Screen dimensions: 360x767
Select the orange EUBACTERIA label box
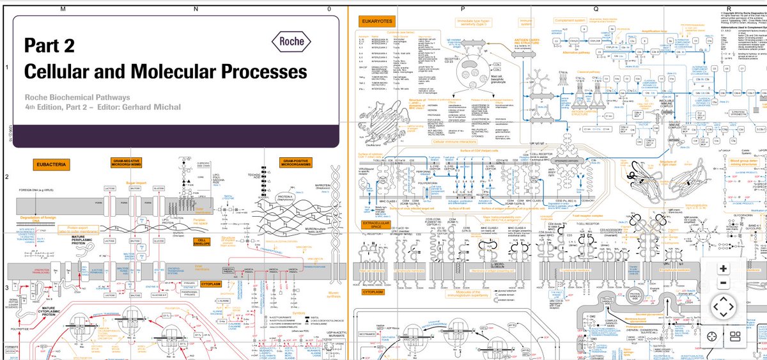coord(50,164)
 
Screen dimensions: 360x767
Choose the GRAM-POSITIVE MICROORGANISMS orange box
coord(295,164)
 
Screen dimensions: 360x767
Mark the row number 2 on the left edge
coord(6,176)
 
